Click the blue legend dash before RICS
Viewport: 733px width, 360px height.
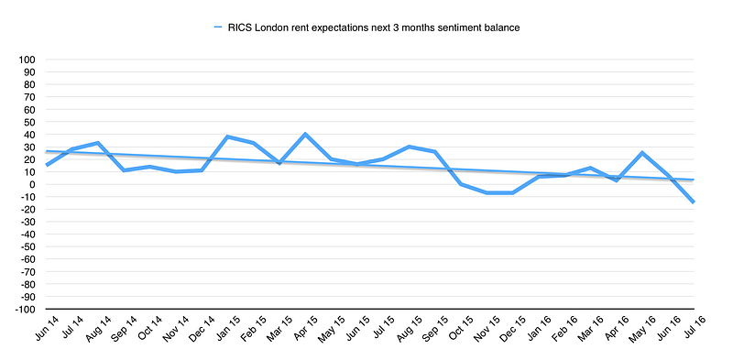[x=217, y=27]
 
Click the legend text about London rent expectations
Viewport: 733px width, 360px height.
[x=374, y=27]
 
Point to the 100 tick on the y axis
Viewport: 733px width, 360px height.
[x=27, y=60]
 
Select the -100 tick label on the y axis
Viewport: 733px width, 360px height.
[x=26, y=309]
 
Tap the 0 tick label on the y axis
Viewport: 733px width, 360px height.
[x=33, y=184]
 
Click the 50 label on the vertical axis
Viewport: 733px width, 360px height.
[x=30, y=122]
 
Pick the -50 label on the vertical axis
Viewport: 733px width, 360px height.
[x=28, y=246]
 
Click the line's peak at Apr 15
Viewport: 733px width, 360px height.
[x=305, y=134]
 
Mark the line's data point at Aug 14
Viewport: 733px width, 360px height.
[x=98, y=143]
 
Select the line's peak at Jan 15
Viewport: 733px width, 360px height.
[x=227, y=137]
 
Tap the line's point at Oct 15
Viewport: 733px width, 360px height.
[x=461, y=184]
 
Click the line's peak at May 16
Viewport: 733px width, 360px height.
[x=642, y=153]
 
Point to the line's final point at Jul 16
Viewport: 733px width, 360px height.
[x=694, y=202]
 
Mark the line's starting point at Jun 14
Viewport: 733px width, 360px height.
[x=47, y=165]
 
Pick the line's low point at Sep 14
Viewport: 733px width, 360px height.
[x=124, y=170]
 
